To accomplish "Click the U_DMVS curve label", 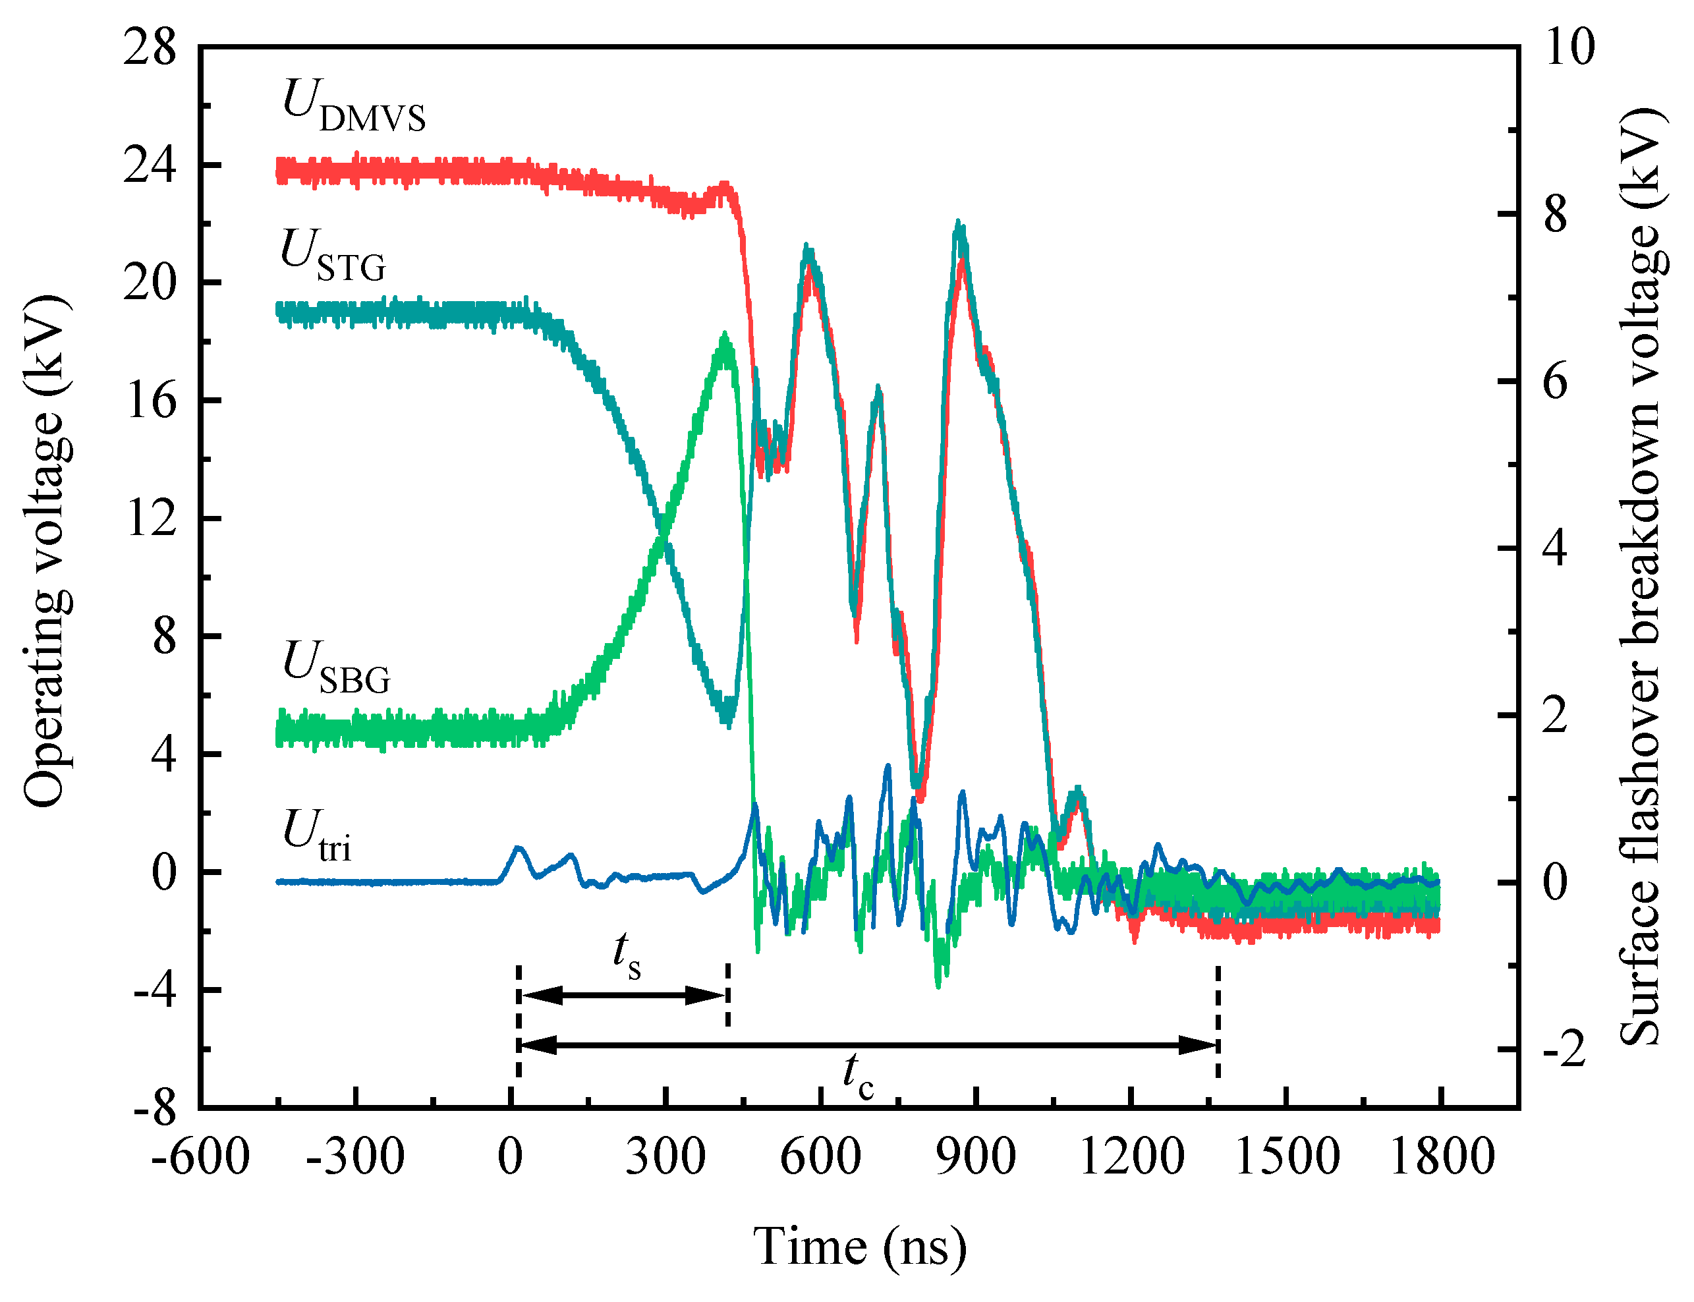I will [353, 107].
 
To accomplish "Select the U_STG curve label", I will [333, 256].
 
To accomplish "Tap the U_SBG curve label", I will [336, 668].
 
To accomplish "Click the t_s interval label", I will [626, 955].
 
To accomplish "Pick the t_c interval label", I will [858, 1076].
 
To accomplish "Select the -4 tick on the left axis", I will [155, 990].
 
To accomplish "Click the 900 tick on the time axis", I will [976, 1157].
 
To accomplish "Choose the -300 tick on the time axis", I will [355, 1157].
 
